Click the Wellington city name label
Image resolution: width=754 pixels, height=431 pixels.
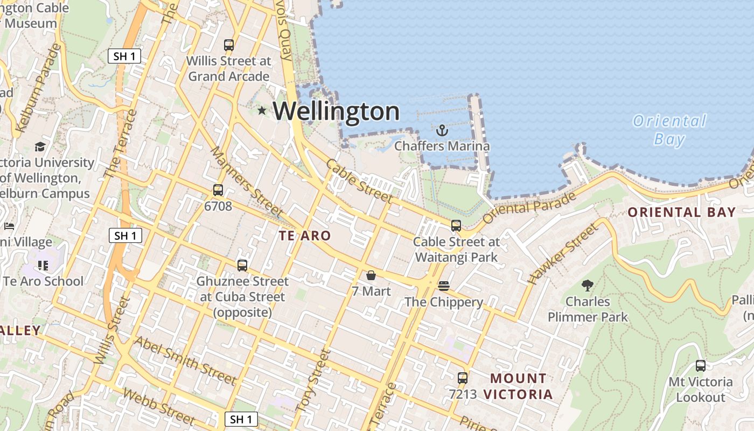(336, 112)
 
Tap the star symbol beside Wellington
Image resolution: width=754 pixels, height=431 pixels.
(262, 110)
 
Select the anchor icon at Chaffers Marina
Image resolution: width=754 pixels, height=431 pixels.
(442, 130)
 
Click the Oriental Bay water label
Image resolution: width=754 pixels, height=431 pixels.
(669, 130)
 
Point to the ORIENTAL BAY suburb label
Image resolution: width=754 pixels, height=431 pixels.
(682, 212)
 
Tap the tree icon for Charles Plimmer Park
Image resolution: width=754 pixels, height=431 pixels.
(588, 286)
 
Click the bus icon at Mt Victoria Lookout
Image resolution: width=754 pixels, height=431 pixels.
(700, 366)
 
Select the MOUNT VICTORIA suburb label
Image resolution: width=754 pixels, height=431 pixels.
(518, 386)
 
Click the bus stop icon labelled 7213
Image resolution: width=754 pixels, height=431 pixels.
(463, 378)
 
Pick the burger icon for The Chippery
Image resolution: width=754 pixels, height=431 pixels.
(444, 286)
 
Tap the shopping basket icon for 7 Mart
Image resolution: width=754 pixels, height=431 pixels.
(371, 275)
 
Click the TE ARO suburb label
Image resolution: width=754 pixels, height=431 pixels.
(305, 236)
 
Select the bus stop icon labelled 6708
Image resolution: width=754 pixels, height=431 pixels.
(218, 190)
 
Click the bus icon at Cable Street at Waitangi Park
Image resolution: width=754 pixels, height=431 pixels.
(456, 226)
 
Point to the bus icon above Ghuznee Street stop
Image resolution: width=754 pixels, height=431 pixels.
(242, 265)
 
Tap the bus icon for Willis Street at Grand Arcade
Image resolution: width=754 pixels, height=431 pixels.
(229, 45)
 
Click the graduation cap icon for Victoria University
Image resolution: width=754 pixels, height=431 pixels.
(40, 147)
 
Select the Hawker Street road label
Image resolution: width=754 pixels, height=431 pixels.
(563, 254)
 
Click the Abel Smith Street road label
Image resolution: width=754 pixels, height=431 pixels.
(185, 360)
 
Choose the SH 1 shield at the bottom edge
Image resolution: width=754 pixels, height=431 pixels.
(241, 419)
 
